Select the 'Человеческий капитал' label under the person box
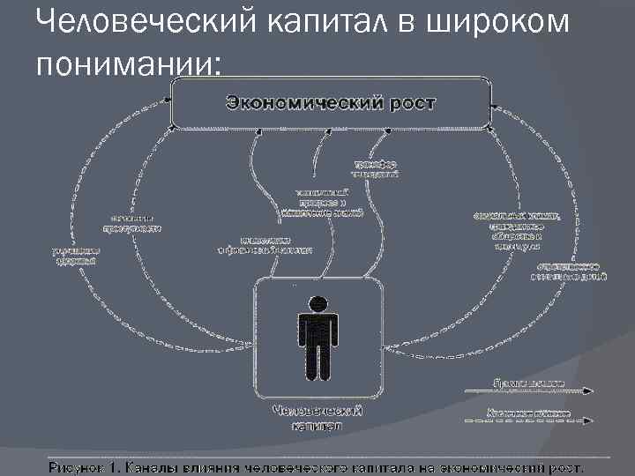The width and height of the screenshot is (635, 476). [x=317, y=417]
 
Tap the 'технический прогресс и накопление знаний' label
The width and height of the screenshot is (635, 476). [x=322, y=203]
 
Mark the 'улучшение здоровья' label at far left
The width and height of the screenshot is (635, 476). [x=74, y=255]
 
